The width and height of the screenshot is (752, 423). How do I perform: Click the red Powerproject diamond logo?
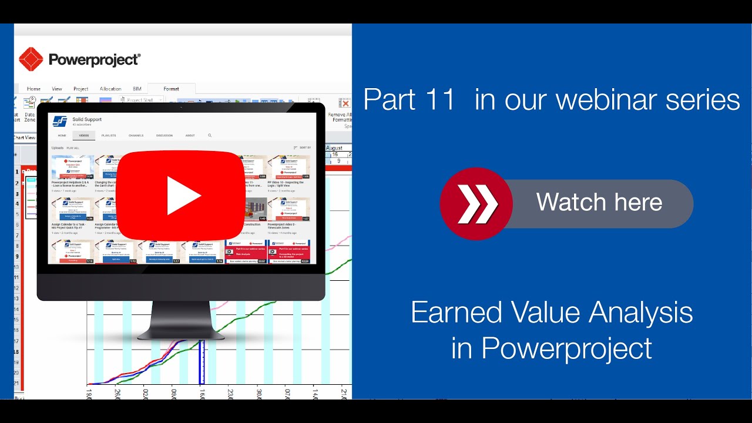coord(31,59)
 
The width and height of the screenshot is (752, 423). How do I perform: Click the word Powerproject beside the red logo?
coord(95,59)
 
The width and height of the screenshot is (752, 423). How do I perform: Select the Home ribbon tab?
coord(33,89)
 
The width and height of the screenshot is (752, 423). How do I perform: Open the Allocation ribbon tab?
coord(110,89)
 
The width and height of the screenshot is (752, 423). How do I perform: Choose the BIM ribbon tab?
coord(137,89)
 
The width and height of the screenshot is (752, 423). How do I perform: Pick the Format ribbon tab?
coord(171,89)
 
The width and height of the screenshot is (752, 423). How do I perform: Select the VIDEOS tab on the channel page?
coord(84,136)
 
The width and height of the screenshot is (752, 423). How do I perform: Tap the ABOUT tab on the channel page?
coord(190,136)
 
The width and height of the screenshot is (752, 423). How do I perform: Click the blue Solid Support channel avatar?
coord(60,122)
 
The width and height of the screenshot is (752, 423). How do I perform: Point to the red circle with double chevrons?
coord(476,204)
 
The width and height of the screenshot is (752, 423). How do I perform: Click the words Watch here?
coord(599,203)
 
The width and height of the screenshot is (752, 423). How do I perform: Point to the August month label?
coord(334,148)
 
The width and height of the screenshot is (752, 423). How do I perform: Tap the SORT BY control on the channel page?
coord(303,148)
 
